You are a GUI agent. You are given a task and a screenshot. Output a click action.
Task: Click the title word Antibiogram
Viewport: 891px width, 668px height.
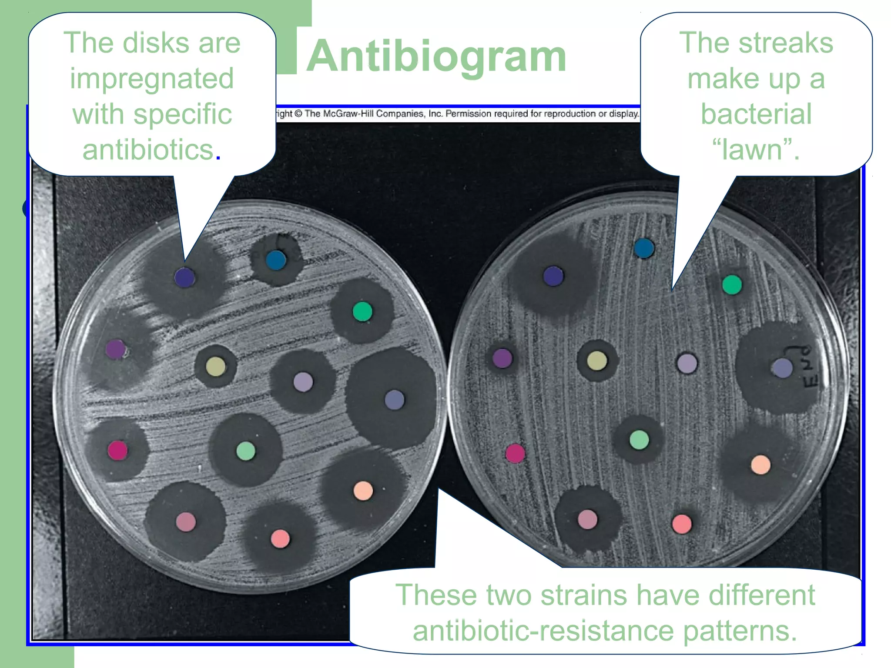click(x=436, y=57)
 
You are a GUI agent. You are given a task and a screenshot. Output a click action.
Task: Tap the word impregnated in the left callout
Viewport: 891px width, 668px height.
click(x=152, y=79)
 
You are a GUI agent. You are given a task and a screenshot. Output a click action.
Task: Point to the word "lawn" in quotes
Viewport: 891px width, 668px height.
click(x=756, y=150)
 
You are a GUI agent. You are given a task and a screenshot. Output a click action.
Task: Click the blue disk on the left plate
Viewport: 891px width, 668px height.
click(x=276, y=260)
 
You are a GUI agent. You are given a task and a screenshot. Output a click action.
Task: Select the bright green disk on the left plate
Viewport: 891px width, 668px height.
click(x=362, y=311)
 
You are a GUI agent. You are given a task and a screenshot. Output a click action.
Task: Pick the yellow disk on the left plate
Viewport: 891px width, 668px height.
click(x=216, y=366)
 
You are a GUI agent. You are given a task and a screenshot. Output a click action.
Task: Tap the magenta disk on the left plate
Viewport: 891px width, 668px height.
click(x=117, y=450)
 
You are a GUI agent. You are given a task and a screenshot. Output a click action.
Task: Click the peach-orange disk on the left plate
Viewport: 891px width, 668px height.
click(x=363, y=491)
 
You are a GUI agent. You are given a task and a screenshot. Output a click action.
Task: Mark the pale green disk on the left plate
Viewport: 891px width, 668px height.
click(x=246, y=451)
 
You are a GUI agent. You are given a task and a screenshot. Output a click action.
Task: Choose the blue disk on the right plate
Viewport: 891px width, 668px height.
click(x=644, y=248)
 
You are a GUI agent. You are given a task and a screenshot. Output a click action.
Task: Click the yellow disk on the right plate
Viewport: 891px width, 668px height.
click(x=597, y=361)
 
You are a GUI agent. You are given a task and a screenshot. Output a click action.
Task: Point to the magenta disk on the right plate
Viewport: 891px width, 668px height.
click(x=515, y=454)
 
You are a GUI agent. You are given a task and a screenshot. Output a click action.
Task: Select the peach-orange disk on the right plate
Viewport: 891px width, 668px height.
click(x=760, y=464)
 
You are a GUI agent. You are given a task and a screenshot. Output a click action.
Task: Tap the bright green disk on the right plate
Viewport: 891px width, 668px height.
click(x=732, y=285)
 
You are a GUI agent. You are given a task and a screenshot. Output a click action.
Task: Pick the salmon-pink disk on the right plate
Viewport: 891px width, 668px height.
click(x=682, y=524)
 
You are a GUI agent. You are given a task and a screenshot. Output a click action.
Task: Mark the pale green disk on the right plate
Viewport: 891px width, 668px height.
click(x=639, y=440)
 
